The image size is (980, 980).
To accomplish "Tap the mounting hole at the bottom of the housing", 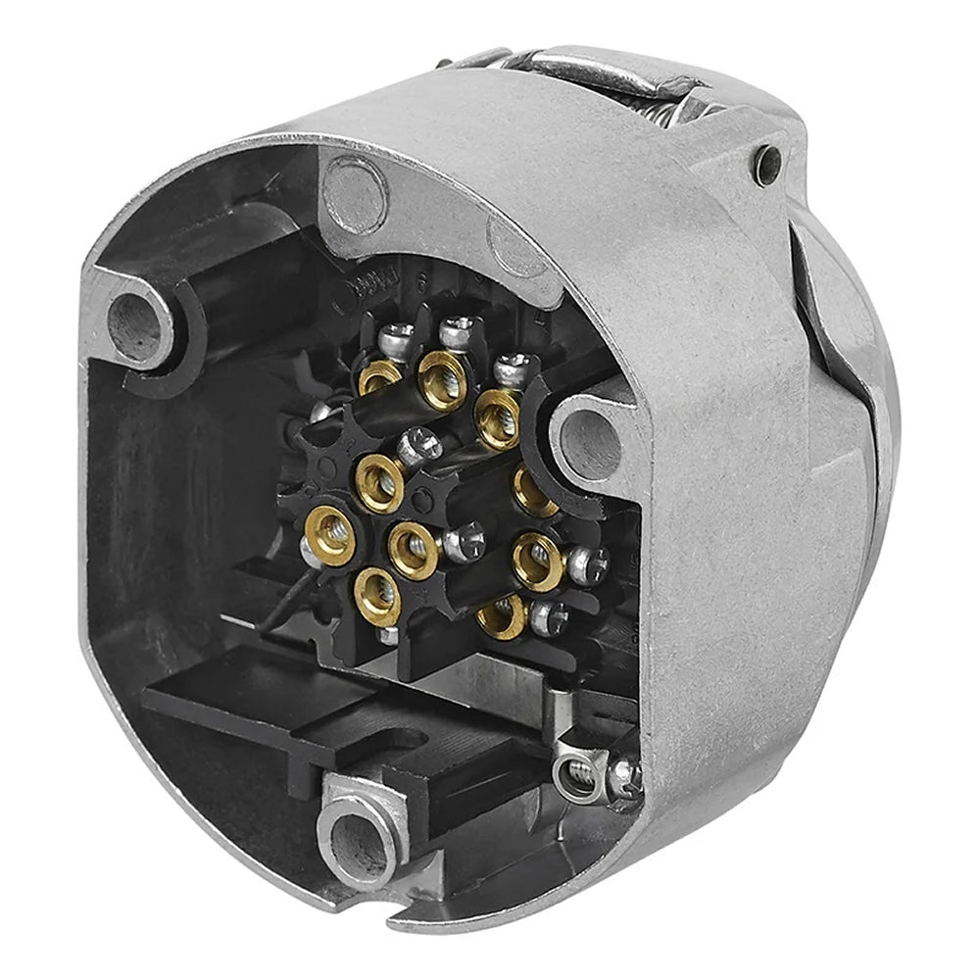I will pos(357,837).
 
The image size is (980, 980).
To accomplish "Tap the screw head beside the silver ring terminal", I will pos(623,777).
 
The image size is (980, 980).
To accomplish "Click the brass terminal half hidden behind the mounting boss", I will pos(534,490).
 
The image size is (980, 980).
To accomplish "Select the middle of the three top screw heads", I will pos(456,332).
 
